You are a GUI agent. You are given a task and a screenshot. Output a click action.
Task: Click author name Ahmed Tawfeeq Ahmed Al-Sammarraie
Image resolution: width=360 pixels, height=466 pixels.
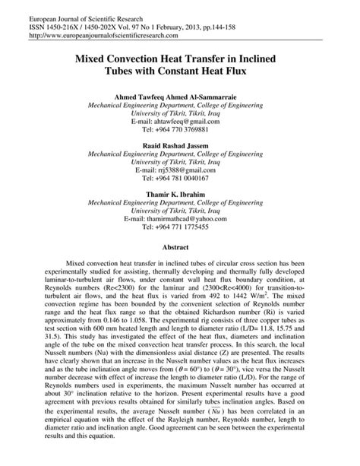(179, 98)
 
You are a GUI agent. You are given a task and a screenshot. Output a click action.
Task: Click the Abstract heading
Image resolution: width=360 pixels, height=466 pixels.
(179, 247)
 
